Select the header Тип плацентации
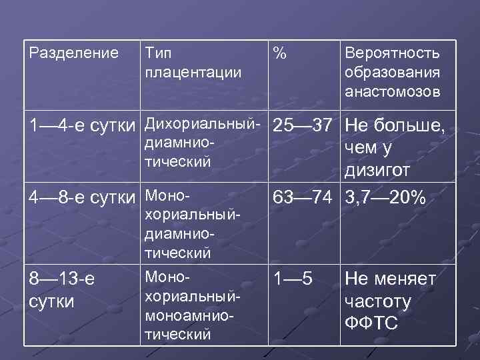(193, 62)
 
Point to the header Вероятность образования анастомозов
(392, 73)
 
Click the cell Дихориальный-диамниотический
(201, 143)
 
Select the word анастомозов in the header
(392, 92)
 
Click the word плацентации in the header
(193, 72)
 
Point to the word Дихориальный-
(201, 125)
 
